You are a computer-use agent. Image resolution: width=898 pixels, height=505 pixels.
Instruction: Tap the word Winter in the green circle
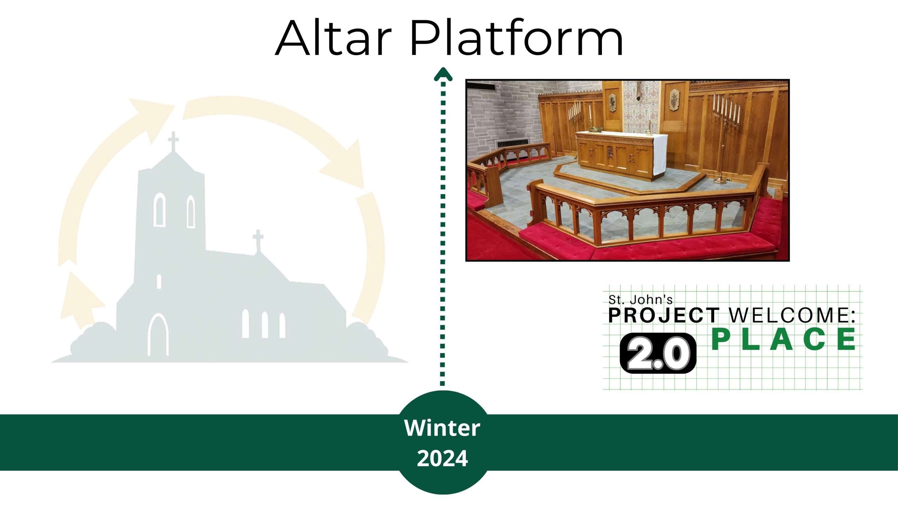pyautogui.click(x=442, y=428)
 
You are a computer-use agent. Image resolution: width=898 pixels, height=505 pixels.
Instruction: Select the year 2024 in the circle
pyautogui.click(x=442, y=458)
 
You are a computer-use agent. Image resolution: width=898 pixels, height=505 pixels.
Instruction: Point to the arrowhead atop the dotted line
pyautogui.click(x=443, y=74)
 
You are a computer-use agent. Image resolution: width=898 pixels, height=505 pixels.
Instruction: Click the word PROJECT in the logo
pyautogui.click(x=664, y=315)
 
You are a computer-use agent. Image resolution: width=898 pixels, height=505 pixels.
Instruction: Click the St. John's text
pyautogui.click(x=641, y=300)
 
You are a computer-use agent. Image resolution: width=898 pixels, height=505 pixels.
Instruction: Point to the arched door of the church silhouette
pyautogui.click(x=158, y=335)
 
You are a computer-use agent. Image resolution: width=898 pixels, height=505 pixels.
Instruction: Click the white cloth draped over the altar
pyautogui.click(x=659, y=154)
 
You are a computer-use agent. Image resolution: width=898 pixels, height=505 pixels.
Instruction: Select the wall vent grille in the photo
pyautogui.click(x=512, y=143)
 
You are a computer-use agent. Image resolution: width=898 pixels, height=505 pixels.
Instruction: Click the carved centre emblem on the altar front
pyautogui.click(x=610, y=153)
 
